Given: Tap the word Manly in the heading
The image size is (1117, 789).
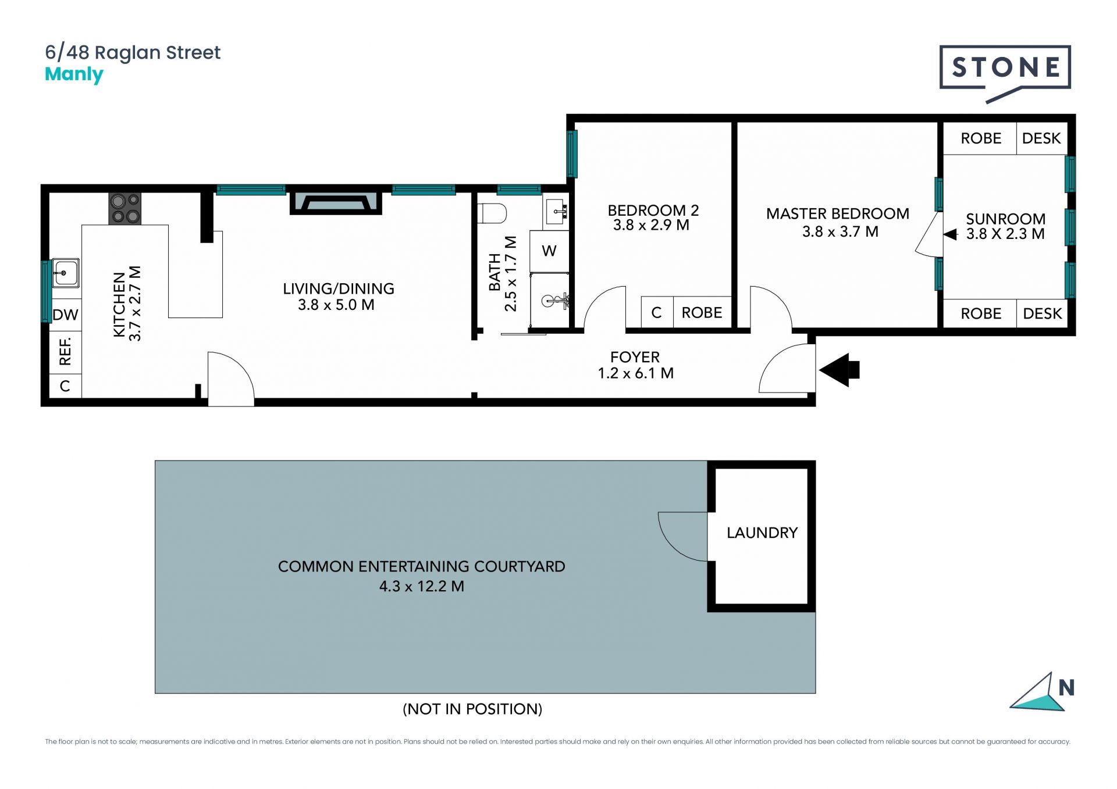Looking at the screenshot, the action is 74,75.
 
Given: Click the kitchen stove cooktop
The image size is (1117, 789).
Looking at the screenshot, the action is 125,209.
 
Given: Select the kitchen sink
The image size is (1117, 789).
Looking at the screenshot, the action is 65,273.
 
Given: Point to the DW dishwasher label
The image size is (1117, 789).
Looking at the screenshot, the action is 65,315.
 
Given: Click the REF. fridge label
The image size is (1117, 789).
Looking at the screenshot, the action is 65,351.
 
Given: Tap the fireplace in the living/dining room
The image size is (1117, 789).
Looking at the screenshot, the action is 336,203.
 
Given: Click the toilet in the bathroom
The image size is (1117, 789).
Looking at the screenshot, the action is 492,213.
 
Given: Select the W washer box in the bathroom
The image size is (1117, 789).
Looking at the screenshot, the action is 549,251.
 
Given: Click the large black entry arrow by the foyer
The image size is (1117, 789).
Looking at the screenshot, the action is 839,370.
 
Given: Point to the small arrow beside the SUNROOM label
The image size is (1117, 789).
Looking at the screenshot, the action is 950,234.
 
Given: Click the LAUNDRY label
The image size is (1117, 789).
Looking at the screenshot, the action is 762,533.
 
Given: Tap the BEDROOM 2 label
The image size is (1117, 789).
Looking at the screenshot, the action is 653,210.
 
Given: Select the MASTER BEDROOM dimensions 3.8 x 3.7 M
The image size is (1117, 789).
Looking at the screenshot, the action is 840,231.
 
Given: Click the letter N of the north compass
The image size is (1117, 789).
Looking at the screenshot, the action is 1066,688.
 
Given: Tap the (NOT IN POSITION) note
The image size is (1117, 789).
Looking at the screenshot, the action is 472,709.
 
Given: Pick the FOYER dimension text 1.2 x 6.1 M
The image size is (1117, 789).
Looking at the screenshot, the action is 636,373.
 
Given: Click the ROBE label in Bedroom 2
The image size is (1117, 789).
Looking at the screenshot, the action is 702,313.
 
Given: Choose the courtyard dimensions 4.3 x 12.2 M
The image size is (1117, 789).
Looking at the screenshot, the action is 422,586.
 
